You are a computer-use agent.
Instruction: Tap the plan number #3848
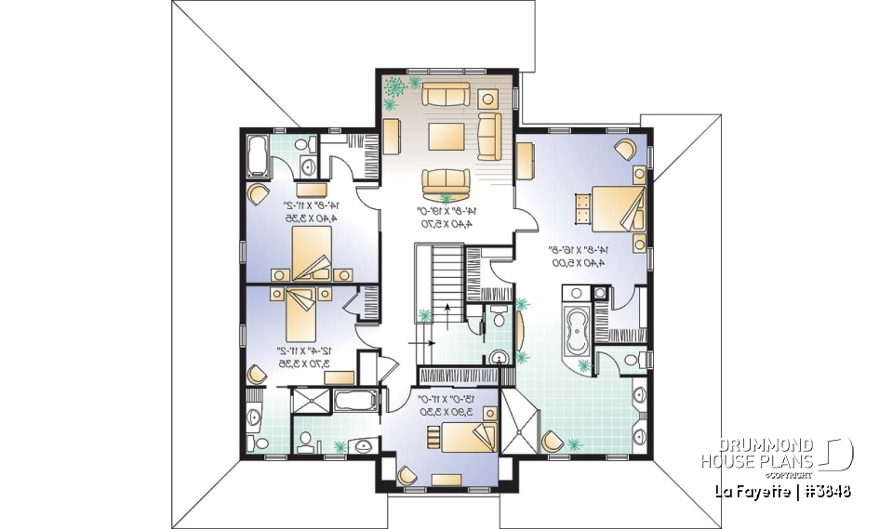click(823, 491)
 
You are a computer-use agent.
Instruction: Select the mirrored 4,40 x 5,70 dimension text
click(446, 224)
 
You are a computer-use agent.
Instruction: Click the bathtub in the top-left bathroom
click(258, 154)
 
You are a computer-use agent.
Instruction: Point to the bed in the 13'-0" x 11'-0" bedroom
click(460, 436)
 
